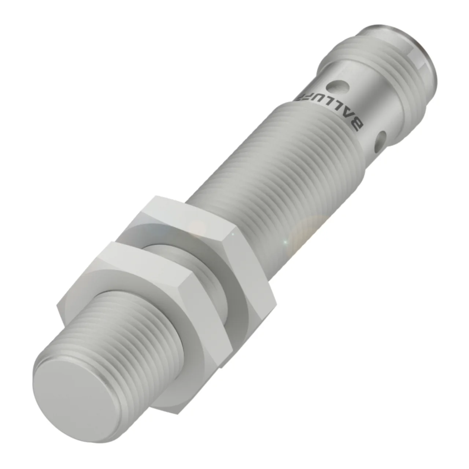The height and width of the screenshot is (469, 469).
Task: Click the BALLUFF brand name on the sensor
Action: point(329,112)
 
